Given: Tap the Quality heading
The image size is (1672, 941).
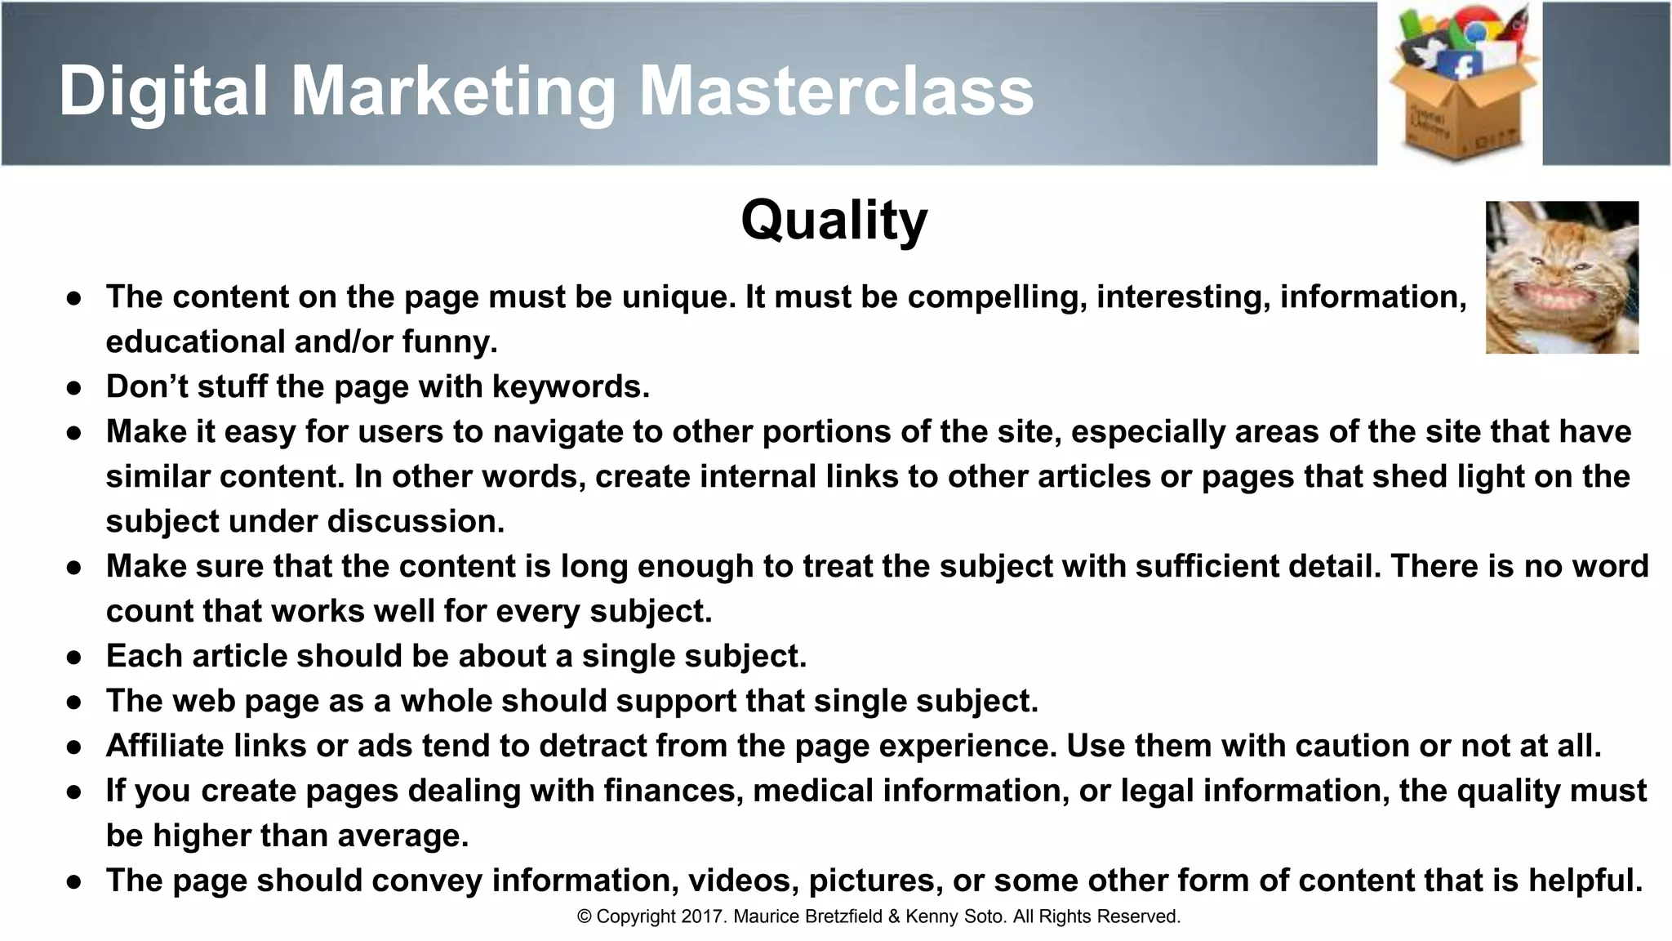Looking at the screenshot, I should pos(834,221).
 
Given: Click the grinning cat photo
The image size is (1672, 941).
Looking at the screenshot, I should pos(1561,278).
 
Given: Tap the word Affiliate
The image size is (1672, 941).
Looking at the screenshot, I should pos(165,746).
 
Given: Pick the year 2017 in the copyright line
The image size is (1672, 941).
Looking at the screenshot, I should pos(703,916).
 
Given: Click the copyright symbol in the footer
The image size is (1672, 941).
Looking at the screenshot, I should pos(585,916).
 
